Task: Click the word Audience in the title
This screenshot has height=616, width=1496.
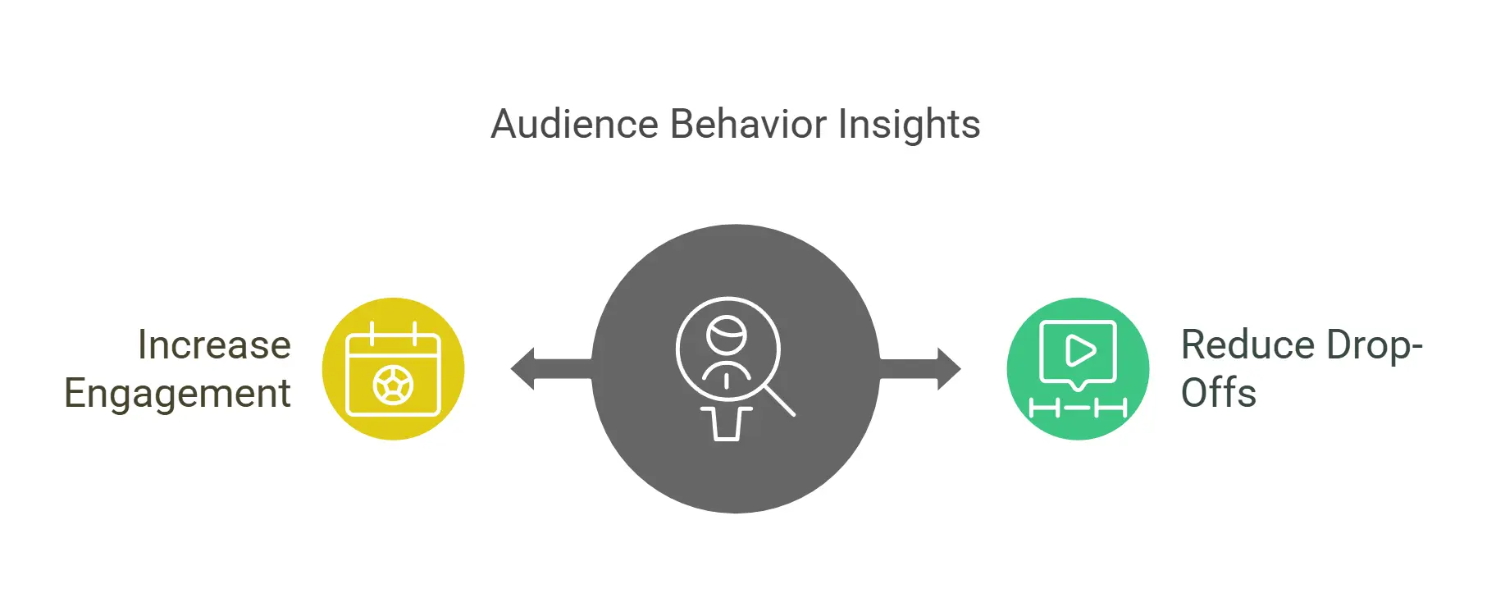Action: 574,125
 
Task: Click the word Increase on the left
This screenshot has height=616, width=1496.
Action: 214,345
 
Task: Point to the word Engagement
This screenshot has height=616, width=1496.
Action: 177,394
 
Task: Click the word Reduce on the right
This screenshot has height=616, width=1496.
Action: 1247,345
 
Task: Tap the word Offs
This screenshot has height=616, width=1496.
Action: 1218,393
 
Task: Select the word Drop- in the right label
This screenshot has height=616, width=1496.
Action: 1374,345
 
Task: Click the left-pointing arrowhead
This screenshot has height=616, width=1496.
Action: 523,369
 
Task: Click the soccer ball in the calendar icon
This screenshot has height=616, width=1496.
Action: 393,386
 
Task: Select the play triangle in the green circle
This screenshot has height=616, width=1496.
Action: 1079,351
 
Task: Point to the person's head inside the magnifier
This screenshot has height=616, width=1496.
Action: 727,333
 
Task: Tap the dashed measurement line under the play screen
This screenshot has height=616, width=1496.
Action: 1078,407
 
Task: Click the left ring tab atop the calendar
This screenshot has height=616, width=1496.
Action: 372,333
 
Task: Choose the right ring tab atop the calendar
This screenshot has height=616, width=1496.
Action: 415,333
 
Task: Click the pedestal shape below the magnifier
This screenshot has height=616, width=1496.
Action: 726,424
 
